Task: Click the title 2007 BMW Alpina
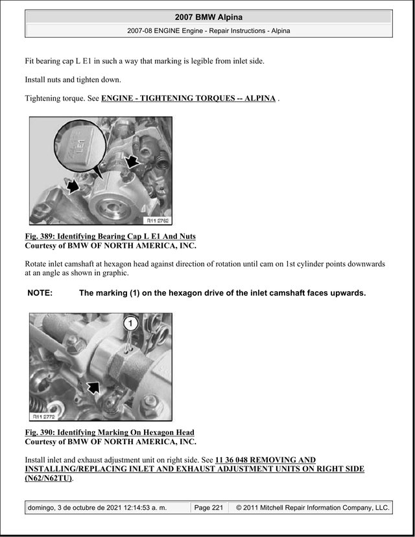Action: click(x=209, y=17)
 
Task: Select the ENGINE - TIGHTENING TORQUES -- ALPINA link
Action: click(x=188, y=99)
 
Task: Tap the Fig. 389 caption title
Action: click(x=110, y=236)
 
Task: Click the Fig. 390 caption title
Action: click(x=110, y=432)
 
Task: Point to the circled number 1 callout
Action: click(x=130, y=323)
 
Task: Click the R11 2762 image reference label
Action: click(x=158, y=221)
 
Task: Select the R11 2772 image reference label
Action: click(x=44, y=416)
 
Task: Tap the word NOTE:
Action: click(x=40, y=293)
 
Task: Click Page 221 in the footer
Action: click(x=209, y=508)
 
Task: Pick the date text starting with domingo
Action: click(x=97, y=508)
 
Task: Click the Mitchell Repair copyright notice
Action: click(x=313, y=508)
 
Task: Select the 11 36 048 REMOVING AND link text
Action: click(x=265, y=460)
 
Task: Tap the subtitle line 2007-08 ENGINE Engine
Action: click(x=209, y=31)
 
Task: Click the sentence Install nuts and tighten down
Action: click(x=73, y=80)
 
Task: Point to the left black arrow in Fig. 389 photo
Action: click(x=73, y=187)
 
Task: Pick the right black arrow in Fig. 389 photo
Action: click(x=132, y=161)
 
